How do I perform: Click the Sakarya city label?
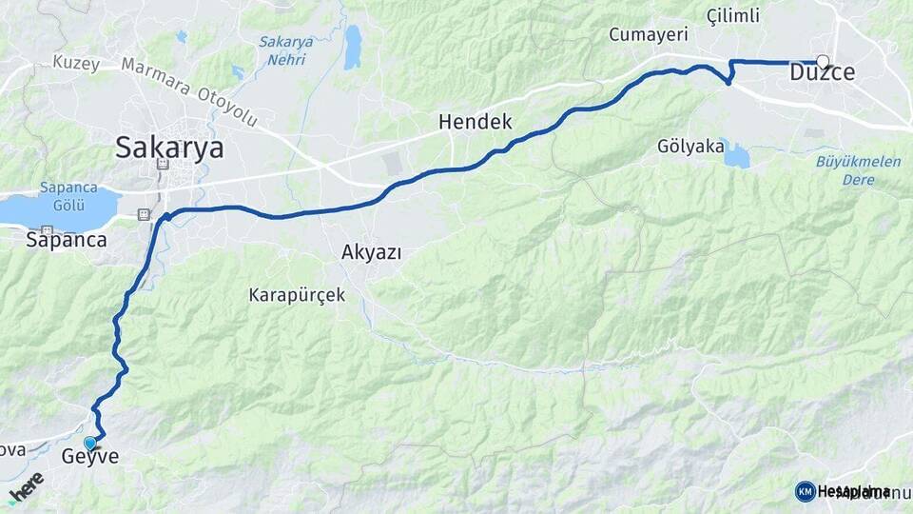(x=169, y=148)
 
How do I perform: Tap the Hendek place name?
(x=475, y=122)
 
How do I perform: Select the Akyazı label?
(x=371, y=252)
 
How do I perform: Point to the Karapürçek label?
(x=297, y=295)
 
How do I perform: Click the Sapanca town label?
(x=66, y=240)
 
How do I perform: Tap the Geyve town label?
(x=90, y=457)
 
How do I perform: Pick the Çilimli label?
(x=733, y=15)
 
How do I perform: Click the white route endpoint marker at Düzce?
(x=823, y=62)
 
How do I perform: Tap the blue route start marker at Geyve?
(x=90, y=443)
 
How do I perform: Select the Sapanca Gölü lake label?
(x=62, y=196)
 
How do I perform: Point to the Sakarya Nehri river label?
(x=282, y=50)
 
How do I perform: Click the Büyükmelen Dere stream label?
(x=859, y=169)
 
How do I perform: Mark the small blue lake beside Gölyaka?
(x=735, y=154)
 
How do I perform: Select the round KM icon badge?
(x=805, y=491)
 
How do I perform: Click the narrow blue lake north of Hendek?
(x=353, y=47)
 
